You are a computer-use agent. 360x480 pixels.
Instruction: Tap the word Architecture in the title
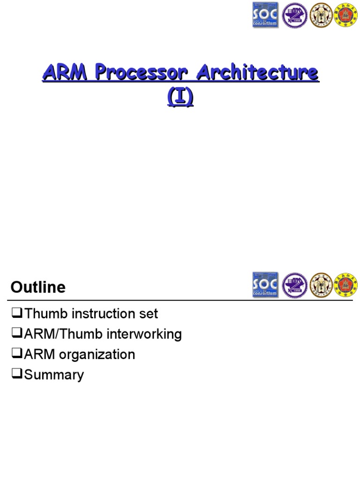click(257, 74)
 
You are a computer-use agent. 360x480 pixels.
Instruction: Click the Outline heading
click(38, 287)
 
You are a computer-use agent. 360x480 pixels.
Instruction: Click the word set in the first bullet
click(150, 314)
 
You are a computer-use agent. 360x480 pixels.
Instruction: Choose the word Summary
click(54, 375)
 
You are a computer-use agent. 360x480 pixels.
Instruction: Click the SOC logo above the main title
click(265, 15)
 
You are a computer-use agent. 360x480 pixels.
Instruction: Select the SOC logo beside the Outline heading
click(265, 285)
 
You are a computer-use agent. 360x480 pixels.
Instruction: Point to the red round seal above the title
click(347, 15)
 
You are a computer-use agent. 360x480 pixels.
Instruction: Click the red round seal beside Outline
click(347, 285)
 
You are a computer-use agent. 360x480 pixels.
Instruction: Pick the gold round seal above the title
click(321, 15)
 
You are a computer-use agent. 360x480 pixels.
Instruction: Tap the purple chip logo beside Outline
click(293, 285)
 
